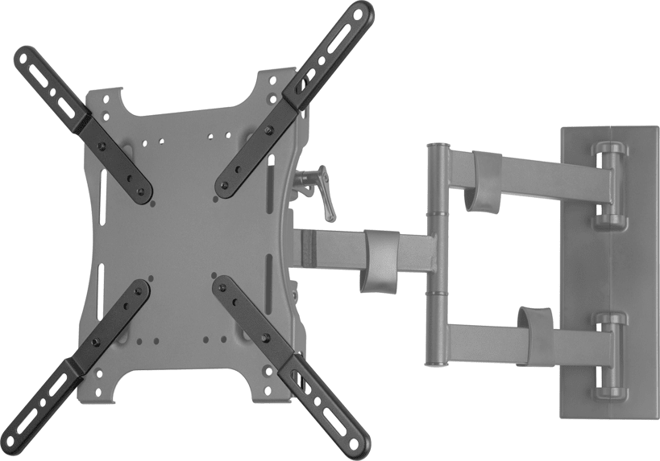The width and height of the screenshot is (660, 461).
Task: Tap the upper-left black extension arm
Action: pyautogui.click(x=81, y=120)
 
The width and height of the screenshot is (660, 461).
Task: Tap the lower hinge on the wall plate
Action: pyautogui.click(x=610, y=355)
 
